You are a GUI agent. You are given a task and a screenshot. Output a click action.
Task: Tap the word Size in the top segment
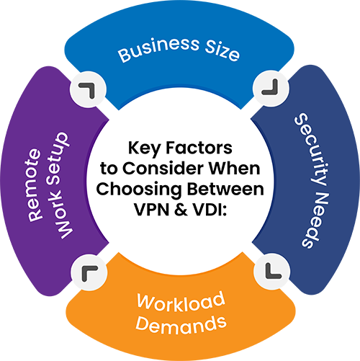pyautogui.click(x=222, y=52)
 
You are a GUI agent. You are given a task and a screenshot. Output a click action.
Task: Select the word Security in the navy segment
pyautogui.click(x=311, y=149)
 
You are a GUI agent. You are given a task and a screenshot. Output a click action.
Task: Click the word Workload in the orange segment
pyautogui.click(x=181, y=303)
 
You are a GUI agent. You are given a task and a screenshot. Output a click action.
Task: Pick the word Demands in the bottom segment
pyautogui.click(x=181, y=326)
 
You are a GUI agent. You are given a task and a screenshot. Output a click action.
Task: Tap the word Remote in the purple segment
pyautogui.click(x=34, y=185)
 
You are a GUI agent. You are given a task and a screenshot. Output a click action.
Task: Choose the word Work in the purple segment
pyautogui.click(x=61, y=213)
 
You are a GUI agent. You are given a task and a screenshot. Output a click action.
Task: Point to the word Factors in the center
pyautogui.click(x=199, y=148)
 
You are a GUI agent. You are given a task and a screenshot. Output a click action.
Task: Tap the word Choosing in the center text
pyautogui.click(x=139, y=190)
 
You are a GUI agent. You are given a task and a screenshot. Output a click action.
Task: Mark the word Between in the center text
pyautogui.click(x=225, y=189)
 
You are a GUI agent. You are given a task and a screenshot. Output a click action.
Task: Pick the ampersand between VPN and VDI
pyautogui.click(x=181, y=210)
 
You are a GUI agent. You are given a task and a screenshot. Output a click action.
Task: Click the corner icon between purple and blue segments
pyautogui.click(x=88, y=89)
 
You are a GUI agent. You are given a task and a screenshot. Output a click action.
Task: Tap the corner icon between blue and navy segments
pyautogui.click(x=271, y=88)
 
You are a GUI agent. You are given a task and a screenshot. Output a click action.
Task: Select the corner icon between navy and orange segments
pyautogui.click(x=272, y=272)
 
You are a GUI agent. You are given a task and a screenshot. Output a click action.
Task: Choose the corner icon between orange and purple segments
pyautogui.click(x=88, y=272)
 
